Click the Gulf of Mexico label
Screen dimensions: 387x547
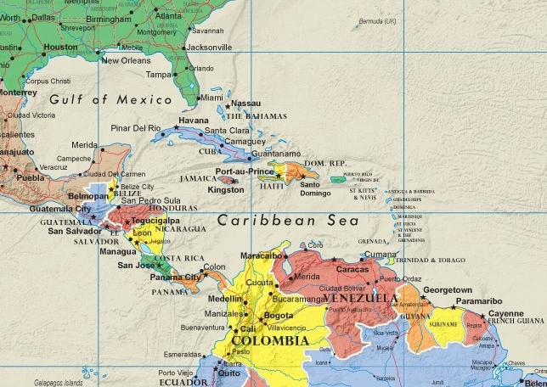coord(99,99)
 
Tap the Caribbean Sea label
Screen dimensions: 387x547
coord(272,221)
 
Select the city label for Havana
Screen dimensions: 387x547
coord(194,120)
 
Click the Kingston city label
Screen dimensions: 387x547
coord(225,190)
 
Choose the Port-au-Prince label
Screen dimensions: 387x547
coord(245,171)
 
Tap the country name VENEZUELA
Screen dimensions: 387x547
coord(361,300)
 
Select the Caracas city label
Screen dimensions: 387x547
coord(352,269)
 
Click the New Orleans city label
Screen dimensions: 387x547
coord(126,60)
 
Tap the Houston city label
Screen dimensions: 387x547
coord(60,47)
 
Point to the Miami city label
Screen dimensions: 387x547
coord(211,98)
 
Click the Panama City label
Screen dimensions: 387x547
coord(175,277)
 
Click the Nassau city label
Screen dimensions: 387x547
coord(245,103)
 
